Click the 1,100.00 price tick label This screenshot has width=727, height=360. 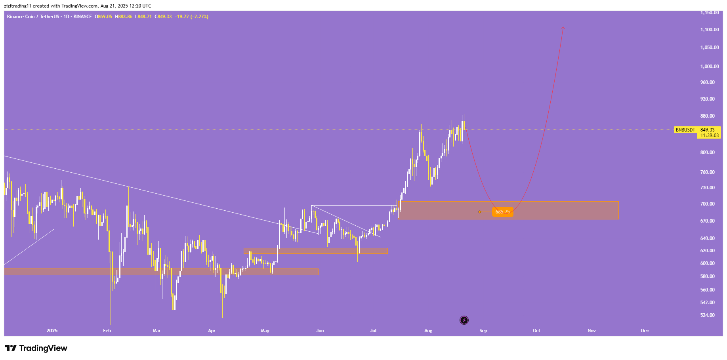tap(709, 30)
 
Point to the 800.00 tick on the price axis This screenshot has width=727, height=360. tap(707, 152)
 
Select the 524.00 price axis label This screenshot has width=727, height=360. tap(707, 315)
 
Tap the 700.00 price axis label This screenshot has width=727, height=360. tap(707, 204)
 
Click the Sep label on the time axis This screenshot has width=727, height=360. tap(483, 331)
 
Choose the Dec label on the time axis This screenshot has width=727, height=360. tap(645, 331)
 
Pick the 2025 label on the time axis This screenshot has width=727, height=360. tap(52, 331)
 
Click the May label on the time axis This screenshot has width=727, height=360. tap(265, 331)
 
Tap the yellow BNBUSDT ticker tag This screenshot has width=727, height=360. tap(685, 130)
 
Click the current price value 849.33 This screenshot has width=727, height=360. tap(708, 130)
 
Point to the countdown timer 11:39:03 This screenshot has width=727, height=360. tap(709, 135)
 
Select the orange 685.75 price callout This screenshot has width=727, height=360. tap(502, 212)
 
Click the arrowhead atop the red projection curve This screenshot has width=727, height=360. tap(563, 28)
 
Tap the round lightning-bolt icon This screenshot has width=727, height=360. tap(464, 320)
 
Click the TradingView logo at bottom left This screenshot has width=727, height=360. tap(36, 348)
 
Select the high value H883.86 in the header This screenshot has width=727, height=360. tap(124, 17)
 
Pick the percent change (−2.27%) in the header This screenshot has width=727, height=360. tap(199, 17)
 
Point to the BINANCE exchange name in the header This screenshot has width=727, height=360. tap(82, 17)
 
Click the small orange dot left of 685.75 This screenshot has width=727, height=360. tap(480, 212)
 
